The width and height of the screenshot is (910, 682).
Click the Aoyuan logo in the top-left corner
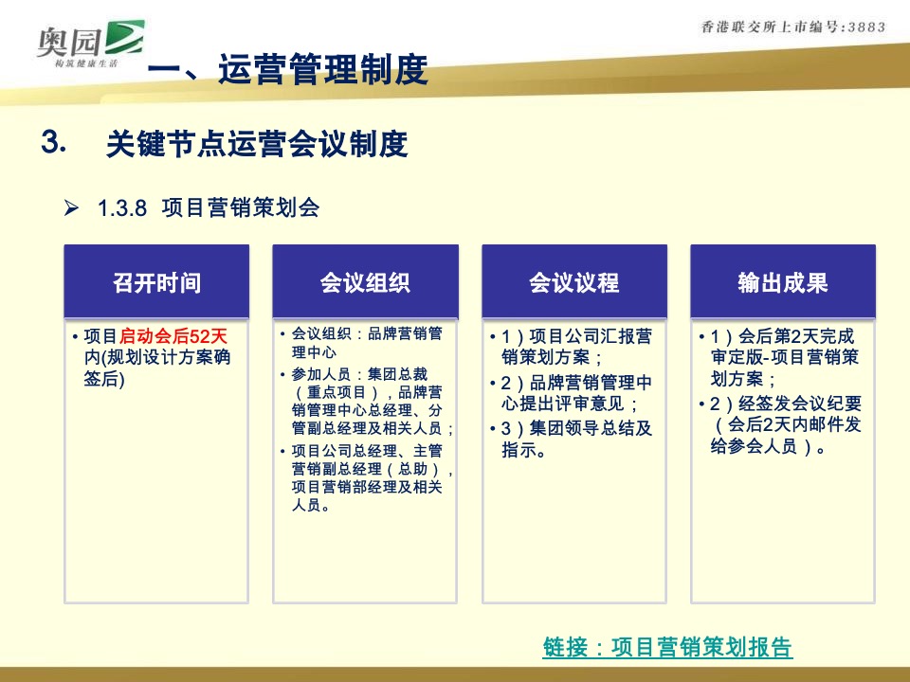tap(90, 42)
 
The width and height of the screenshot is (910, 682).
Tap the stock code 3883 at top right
tap(865, 27)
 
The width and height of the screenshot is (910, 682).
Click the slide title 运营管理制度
tap(322, 70)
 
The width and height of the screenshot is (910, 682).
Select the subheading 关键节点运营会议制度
tap(257, 144)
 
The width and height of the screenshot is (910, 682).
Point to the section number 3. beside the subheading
tap(53, 142)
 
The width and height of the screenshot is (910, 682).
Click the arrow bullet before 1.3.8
tap(71, 208)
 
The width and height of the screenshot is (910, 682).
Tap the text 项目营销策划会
tap(241, 208)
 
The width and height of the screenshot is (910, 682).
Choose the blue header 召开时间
tap(156, 282)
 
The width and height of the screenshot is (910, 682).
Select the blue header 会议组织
tap(365, 282)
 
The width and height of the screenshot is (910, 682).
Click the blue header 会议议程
tap(573, 282)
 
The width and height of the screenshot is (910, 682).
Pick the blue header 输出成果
tap(782, 282)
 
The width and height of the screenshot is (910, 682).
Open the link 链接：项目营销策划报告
tap(667, 647)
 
